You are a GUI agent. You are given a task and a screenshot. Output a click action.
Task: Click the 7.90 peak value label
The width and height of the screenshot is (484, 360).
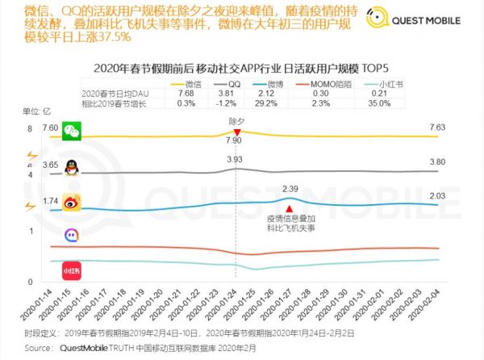pyautogui.click(x=235, y=140)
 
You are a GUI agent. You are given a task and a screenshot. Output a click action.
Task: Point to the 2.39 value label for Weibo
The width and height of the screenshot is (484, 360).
pyautogui.click(x=290, y=188)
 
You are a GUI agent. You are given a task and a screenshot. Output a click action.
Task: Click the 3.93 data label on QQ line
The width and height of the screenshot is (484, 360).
pyautogui.click(x=235, y=160)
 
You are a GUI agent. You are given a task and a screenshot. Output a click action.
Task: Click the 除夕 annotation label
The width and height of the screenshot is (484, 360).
pyautogui.click(x=235, y=117)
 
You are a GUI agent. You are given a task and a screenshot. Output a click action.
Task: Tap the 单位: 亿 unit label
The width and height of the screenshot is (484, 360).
pyautogui.click(x=40, y=111)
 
